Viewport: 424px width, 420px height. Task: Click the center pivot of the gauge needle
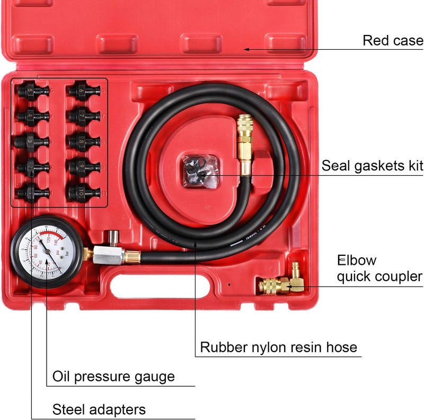pyautogui.click(x=49, y=253)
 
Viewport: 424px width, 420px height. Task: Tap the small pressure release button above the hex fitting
pyautogui.click(x=112, y=236)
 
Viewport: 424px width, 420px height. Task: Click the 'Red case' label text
pyautogui.click(x=393, y=41)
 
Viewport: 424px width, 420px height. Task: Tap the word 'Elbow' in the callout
pyautogui.click(x=357, y=260)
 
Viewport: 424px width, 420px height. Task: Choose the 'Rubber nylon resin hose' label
pyautogui.click(x=278, y=347)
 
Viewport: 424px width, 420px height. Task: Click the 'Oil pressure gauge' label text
pyautogui.click(x=113, y=377)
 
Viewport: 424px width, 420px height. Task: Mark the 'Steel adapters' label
pyautogui.click(x=99, y=409)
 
